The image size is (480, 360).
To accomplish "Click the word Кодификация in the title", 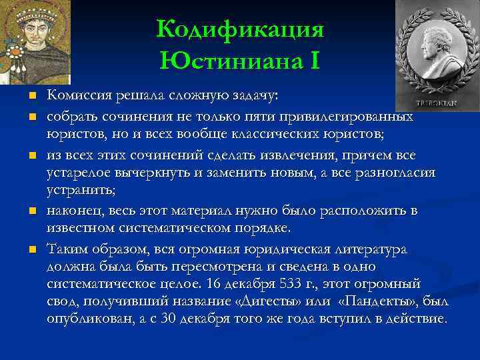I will (x=240, y=30).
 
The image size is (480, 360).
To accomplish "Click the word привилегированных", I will (x=356, y=116).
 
